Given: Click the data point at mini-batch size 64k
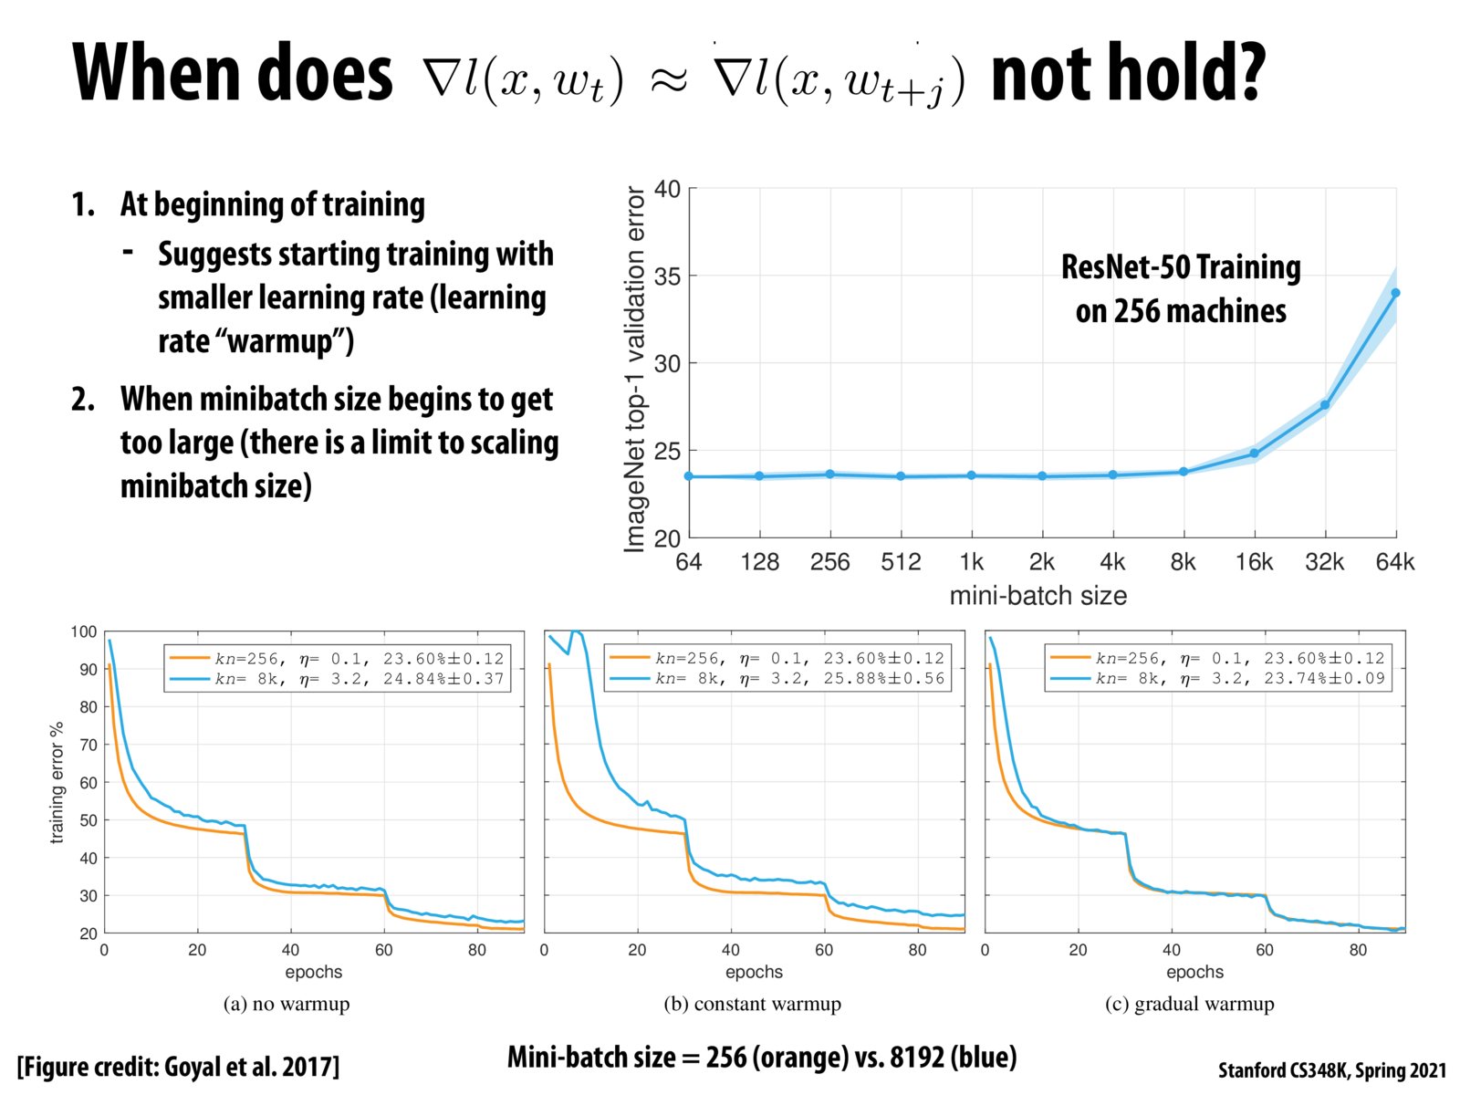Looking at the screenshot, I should tap(1395, 293).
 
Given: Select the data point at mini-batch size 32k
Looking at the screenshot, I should tap(1325, 405).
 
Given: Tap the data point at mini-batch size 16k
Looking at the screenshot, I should tap(1254, 453).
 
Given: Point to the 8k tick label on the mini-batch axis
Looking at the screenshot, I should tap(1183, 562).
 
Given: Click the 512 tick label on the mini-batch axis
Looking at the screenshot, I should tap(901, 562).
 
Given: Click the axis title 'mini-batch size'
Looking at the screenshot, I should tap(1038, 596).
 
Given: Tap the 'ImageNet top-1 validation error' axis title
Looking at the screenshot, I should tap(634, 369).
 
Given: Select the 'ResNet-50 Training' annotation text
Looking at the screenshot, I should tap(1181, 267).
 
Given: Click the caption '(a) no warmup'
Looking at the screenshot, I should tap(287, 1004).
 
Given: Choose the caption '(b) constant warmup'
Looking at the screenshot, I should tap(753, 1004).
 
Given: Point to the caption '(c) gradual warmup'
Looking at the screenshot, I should tap(1190, 1004).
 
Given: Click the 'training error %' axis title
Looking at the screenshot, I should tap(57, 782).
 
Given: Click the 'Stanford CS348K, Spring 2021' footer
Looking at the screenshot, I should tap(1332, 1069).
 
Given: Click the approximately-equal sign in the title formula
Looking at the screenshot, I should tap(668, 80).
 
